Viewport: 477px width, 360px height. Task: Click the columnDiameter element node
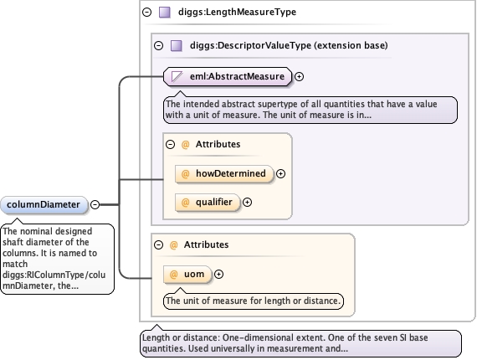click(44, 205)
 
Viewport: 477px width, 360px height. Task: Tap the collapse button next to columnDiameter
click(95, 205)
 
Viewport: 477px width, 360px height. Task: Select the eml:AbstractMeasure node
click(228, 76)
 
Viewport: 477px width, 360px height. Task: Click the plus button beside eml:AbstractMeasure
click(300, 77)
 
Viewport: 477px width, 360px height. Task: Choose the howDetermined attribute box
click(224, 174)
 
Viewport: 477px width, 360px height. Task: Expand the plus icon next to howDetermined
click(280, 174)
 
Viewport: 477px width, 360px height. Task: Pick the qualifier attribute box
click(208, 203)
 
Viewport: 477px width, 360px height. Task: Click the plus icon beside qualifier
click(247, 203)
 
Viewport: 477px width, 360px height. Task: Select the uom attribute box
click(187, 275)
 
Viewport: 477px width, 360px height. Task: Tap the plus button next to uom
click(218, 274)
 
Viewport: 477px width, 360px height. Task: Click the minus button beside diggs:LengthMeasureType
click(147, 13)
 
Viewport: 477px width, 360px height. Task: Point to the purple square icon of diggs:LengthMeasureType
click(165, 13)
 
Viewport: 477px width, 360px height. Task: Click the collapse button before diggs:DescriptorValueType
click(158, 46)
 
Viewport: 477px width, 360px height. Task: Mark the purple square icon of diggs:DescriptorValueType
click(177, 46)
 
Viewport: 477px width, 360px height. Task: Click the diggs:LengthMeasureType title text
click(238, 13)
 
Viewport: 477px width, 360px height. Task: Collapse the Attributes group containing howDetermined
click(171, 144)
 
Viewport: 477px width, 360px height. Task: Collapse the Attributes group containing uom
click(158, 245)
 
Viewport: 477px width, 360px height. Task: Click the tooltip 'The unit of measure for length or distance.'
click(254, 301)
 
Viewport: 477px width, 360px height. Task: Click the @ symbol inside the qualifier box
click(185, 203)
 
